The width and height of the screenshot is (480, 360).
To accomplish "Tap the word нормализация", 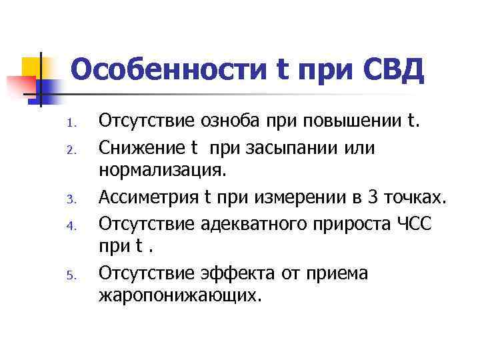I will pos(163,172).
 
